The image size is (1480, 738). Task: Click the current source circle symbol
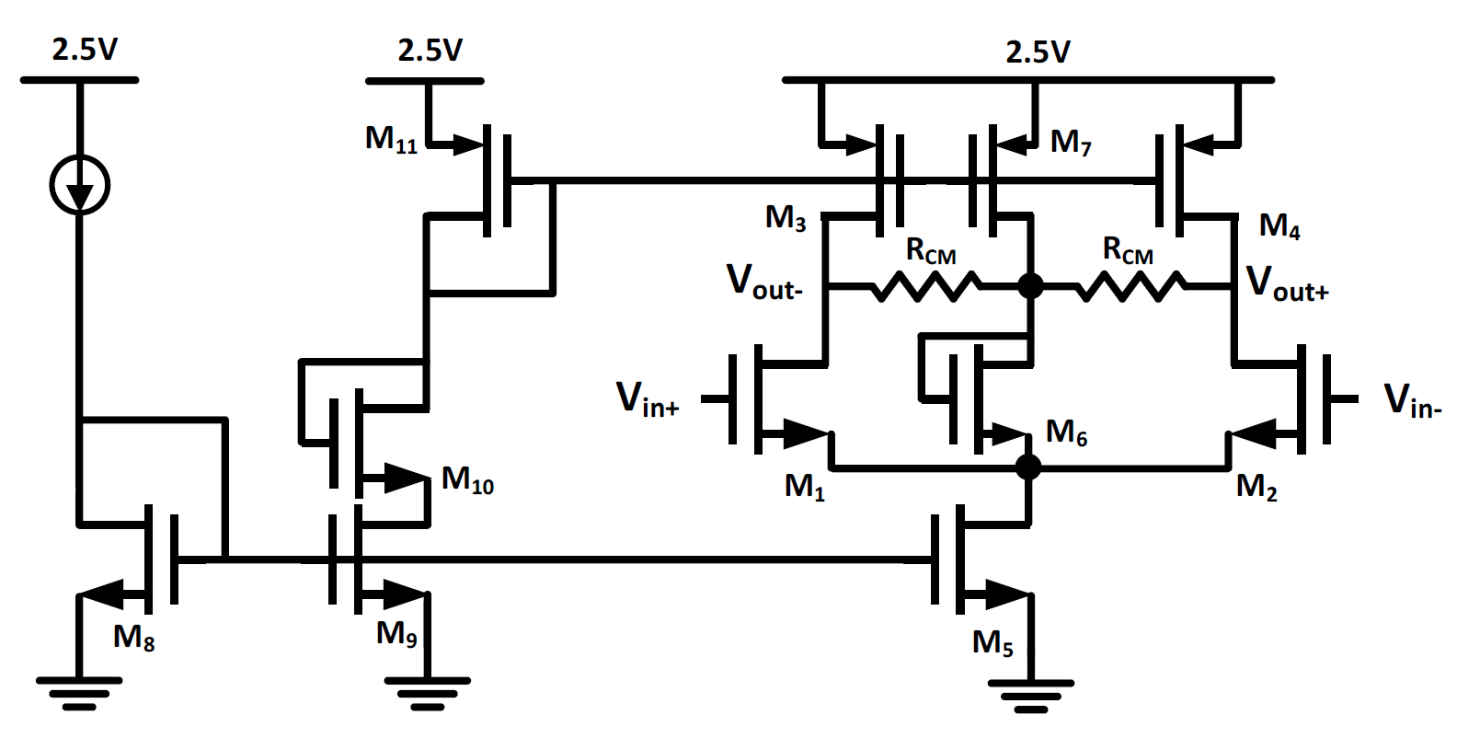[x=80, y=185]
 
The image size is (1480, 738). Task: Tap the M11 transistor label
[x=391, y=139]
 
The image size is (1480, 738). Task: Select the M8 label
[x=133, y=637]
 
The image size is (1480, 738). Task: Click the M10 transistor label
[x=467, y=479]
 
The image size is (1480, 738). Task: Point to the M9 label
[x=396, y=634]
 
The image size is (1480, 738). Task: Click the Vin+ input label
[x=648, y=400]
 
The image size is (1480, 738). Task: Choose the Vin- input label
[x=1413, y=402]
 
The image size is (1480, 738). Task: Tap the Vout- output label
[x=764, y=282]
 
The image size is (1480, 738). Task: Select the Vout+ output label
[x=1287, y=283]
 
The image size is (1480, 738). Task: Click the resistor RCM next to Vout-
[x=926, y=286]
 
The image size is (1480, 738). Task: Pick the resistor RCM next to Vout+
[x=1130, y=286]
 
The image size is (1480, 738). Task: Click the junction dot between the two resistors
[x=1030, y=286]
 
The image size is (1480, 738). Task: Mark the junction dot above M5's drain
[x=1028, y=467]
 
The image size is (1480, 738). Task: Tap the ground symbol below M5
[x=1030, y=695]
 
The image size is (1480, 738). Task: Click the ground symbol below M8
[x=79, y=692]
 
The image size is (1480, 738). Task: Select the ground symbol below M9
[x=427, y=692]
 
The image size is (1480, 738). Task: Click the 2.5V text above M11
[x=430, y=51]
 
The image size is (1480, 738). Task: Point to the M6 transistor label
[x=1066, y=432]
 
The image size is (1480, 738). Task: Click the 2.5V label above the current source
[x=85, y=49]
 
